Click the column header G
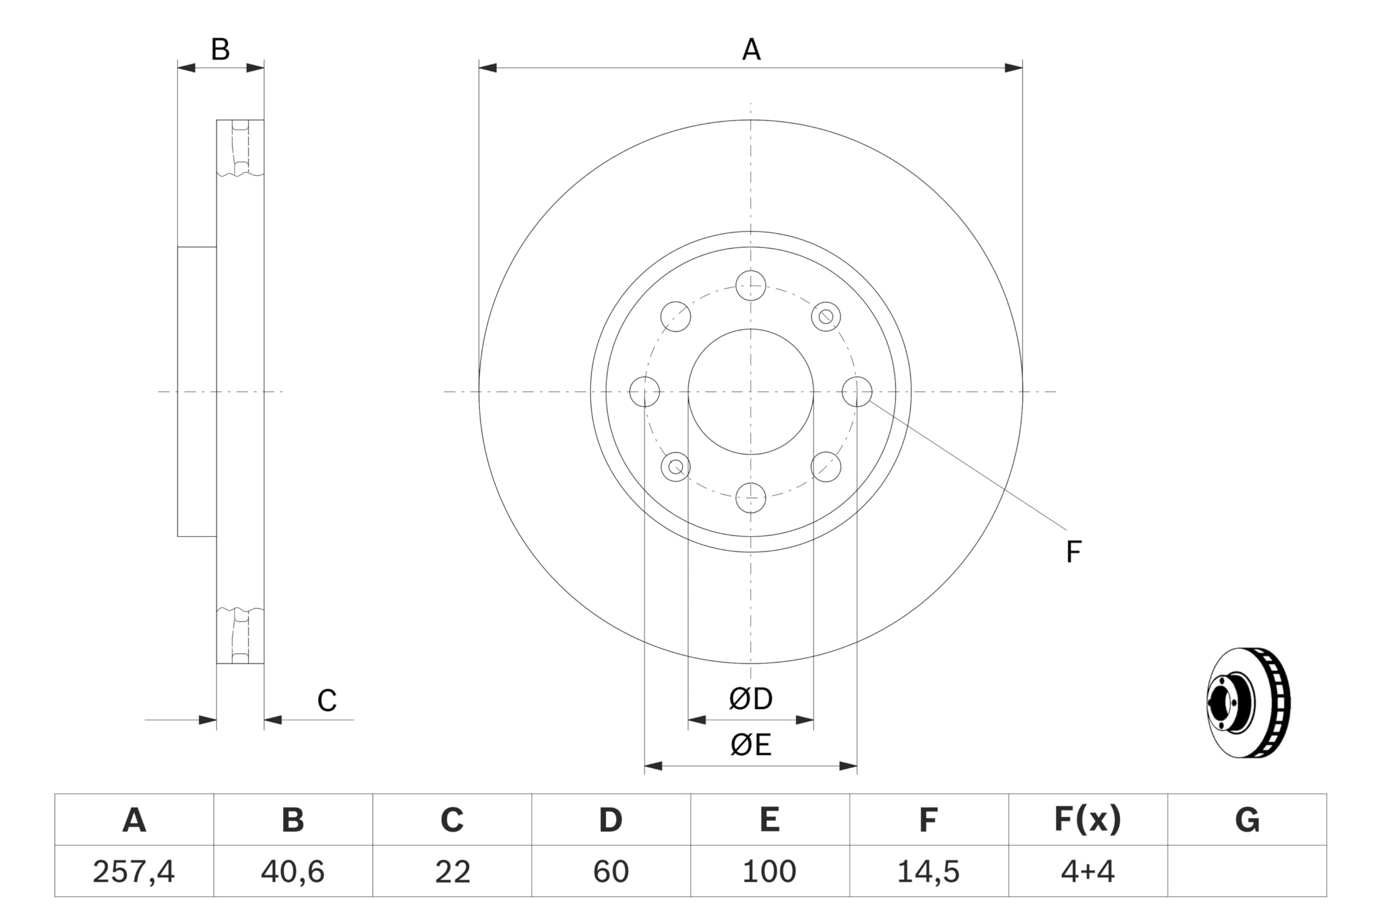pyautogui.click(x=1247, y=820)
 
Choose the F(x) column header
pyautogui.click(x=1088, y=820)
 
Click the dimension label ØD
pyautogui.click(x=750, y=699)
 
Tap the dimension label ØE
pyautogui.click(x=750, y=745)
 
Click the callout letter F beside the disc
pyautogui.click(x=1074, y=552)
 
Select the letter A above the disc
pyautogui.click(x=751, y=50)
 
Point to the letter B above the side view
pyautogui.click(x=220, y=50)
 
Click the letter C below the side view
pyautogui.click(x=327, y=700)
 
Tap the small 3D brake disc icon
pyautogui.click(x=1248, y=702)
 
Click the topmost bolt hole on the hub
pyautogui.click(x=750, y=285)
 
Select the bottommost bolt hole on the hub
pyautogui.click(x=750, y=497)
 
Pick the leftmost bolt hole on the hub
pyautogui.click(x=645, y=392)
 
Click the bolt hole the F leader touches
pyautogui.click(x=857, y=392)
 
